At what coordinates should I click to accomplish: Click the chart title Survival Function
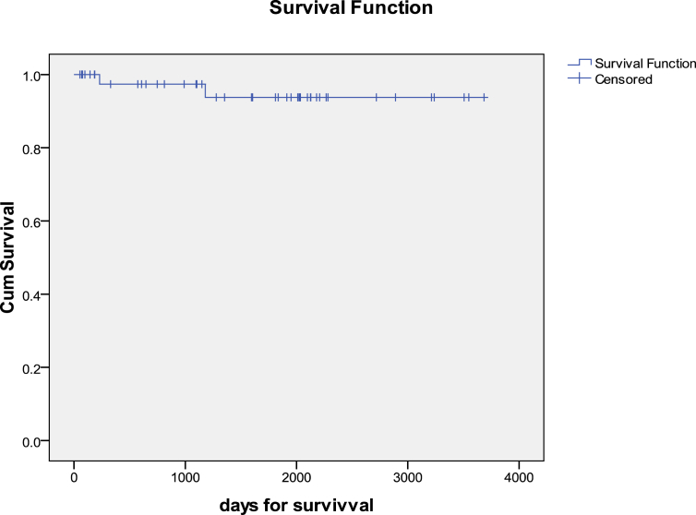tap(348, 10)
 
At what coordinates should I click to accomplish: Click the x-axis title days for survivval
tap(295, 504)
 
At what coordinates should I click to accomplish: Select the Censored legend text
tap(624, 79)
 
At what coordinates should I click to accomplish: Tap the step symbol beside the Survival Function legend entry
tap(579, 64)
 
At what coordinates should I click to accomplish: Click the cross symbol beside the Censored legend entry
tap(579, 79)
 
